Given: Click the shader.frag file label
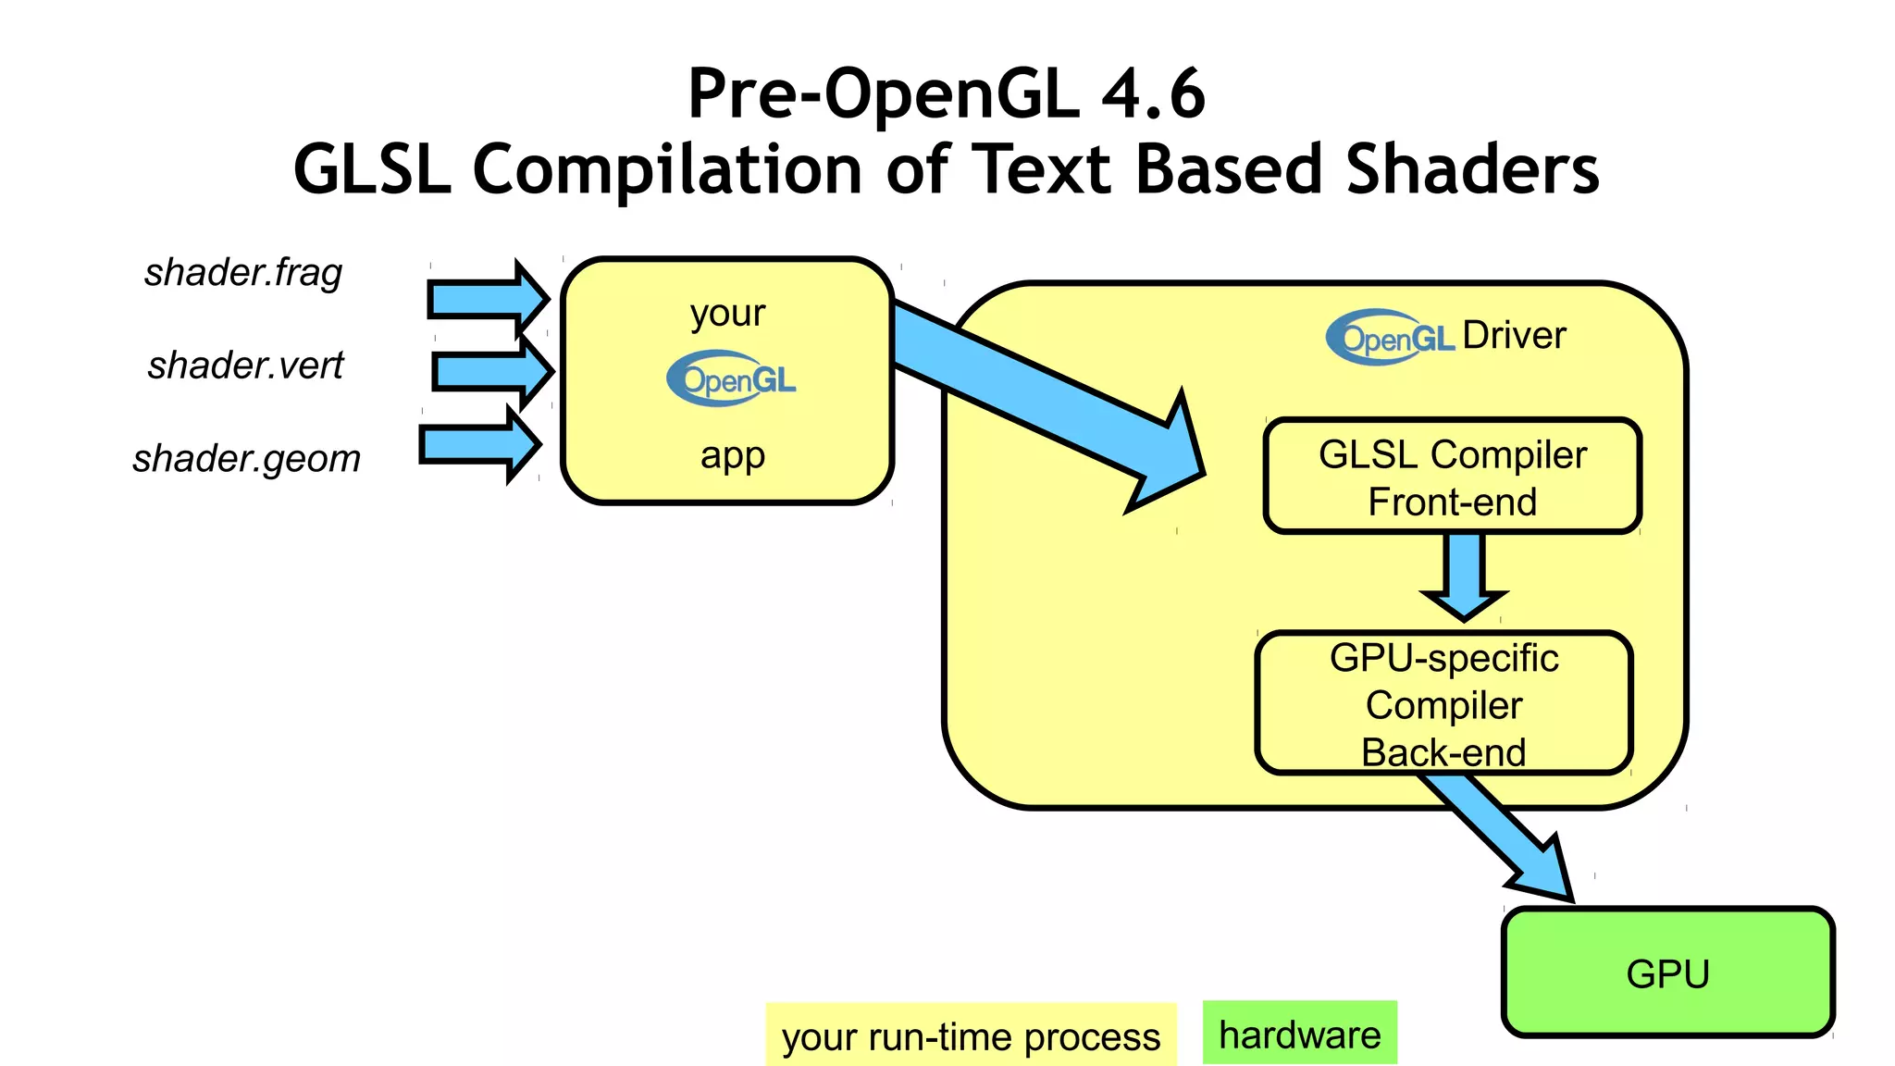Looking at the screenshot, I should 243,273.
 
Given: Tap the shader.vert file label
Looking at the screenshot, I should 245,366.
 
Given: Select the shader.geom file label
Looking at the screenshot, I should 246,459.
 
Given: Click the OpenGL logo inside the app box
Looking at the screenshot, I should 731,378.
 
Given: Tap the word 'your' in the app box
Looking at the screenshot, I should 728,314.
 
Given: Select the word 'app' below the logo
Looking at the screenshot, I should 732,455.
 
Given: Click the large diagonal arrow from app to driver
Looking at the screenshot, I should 1046,389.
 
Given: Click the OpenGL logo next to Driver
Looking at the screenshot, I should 1390,338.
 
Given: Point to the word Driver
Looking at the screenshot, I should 1514,335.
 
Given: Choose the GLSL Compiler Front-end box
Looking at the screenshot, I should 1452,477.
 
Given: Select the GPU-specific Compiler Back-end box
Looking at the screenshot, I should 1443,703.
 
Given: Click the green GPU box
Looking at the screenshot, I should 1667,973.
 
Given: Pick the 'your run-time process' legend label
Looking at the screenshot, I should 971,1036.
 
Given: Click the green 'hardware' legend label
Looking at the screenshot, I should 1299,1034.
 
